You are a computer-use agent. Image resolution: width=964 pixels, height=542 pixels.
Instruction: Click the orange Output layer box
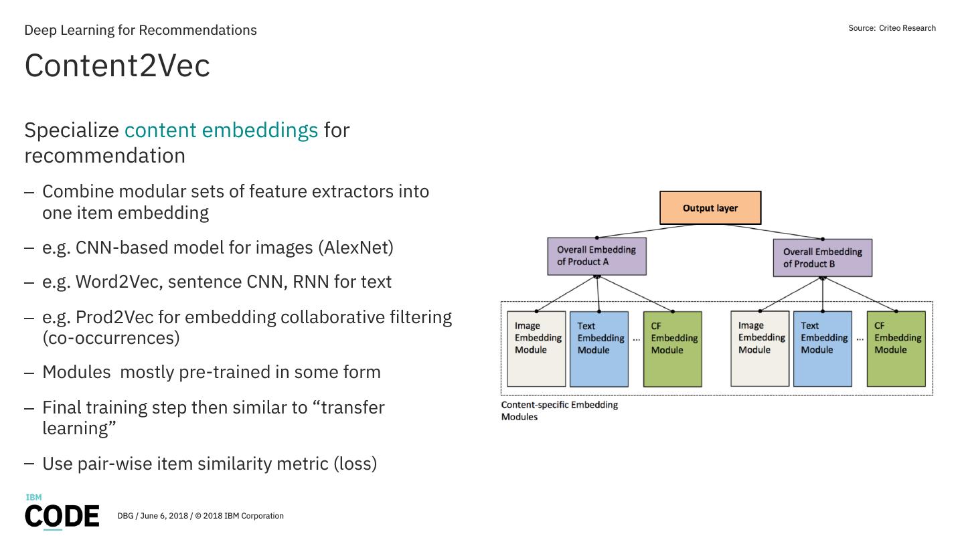pyautogui.click(x=710, y=207)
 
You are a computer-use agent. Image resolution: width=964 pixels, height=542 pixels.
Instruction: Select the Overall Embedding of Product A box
pyautogui.click(x=596, y=256)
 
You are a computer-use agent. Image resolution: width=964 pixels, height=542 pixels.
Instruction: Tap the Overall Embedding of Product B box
pyautogui.click(x=822, y=258)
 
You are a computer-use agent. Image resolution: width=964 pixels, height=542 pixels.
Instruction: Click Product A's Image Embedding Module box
pyautogui.click(x=536, y=349)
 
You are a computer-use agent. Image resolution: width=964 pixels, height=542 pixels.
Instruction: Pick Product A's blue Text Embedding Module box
pyautogui.click(x=599, y=349)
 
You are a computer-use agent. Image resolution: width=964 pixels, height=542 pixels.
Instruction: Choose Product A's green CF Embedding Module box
pyautogui.click(x=673, y=349)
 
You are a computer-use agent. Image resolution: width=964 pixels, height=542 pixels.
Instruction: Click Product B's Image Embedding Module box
pyautogui.click(x=760, y=349)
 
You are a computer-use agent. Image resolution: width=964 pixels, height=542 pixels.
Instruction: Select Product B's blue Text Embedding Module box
pyautogui.click(x=822, y=349)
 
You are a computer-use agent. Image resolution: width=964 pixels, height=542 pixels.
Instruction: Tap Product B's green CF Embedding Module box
pyautogui.click(x=896, y=349)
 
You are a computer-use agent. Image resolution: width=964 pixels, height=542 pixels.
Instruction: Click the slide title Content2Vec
pyautogui.click(x=117, y=66)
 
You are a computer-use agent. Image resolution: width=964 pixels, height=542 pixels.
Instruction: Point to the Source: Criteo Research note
pyautogui.click(x=892, y=28)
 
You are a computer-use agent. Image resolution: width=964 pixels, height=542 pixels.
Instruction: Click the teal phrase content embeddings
pyautogui.click(x=221, y=130)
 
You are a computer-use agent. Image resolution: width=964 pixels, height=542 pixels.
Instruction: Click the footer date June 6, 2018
pyautogui.click(x=164, y=516)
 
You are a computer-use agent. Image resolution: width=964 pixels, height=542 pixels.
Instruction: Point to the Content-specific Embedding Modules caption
pyautogui.click(x=560, y=411)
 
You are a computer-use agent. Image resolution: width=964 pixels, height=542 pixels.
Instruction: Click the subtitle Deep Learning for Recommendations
pyautogui.click(x=141, y=30)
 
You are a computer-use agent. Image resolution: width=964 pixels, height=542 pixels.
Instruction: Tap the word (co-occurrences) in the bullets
pyautogui.click(x=111, y=339)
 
